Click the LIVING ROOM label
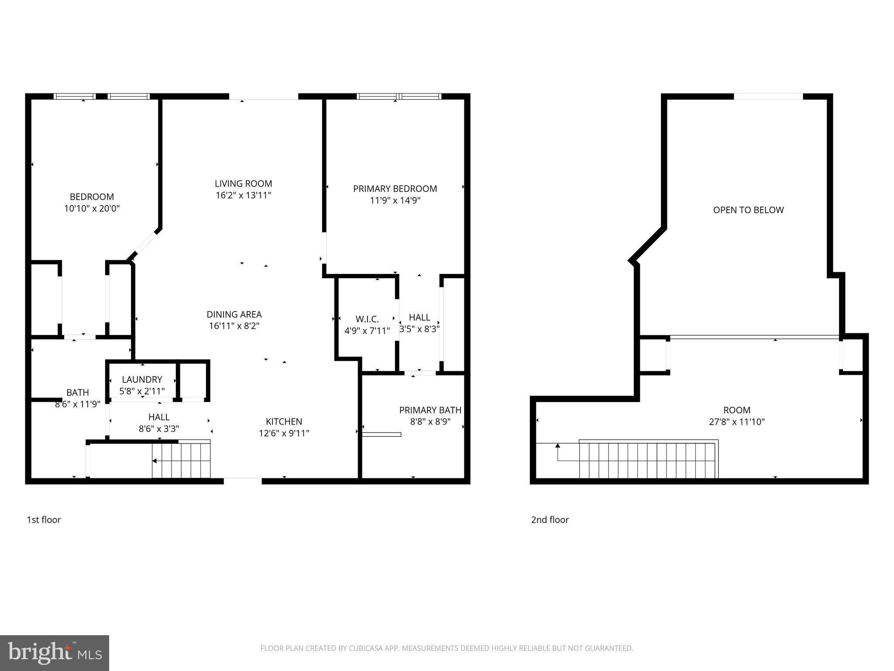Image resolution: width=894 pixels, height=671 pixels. [x=243, y=184]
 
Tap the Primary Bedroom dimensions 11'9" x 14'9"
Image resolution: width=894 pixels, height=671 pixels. [x=395, y=201]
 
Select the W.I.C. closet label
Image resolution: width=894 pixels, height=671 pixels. [x=367, y=319]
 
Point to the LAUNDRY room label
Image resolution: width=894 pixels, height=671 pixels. [x=142, y=380]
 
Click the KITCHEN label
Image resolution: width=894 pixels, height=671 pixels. [x=284, y=422]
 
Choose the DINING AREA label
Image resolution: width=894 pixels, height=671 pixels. [x=234, y=315]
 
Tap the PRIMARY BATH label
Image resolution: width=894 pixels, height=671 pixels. [x=430, y=410]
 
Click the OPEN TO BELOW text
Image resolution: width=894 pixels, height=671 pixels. [x=748, y=210]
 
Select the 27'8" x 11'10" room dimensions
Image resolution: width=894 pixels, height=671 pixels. [x=737, y=422]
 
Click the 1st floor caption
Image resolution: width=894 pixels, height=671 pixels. [x=44, y=520]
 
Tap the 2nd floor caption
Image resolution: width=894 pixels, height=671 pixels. [x=550, y=520]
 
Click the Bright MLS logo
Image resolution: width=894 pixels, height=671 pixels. [x=55, y=653]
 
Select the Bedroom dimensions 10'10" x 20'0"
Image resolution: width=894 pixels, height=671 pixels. [x=92, y=209]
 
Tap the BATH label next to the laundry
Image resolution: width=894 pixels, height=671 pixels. [x=78, y=393]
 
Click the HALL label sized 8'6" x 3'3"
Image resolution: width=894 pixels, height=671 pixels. [x=159, y=417]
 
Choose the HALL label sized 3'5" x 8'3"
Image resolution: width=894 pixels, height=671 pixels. [x=419, y=318]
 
